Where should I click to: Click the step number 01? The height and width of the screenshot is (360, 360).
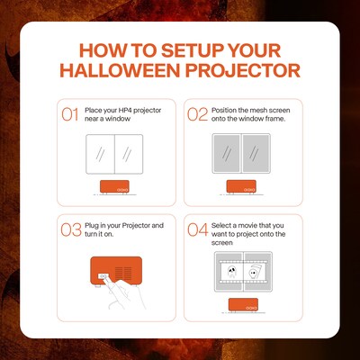(x=70, y=114)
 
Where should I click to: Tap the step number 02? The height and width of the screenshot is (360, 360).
(x=198, y=114)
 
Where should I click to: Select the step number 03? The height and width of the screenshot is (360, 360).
(x=71, y=229)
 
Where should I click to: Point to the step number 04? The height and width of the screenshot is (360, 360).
(x=198, y=229)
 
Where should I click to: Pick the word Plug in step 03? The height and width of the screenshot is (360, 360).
(x=92, y=226)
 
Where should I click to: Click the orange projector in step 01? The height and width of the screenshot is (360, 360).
(x=114, y=187)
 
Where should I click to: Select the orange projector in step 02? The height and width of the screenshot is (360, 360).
(x=241, y=187)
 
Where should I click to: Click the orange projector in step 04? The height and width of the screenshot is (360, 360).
(x=243, y=305)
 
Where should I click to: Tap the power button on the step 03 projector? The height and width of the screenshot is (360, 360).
(x=103, y=276)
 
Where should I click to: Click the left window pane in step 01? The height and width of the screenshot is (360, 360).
(x=100, y=154)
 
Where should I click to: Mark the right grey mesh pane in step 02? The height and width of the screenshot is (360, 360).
(x=256, y=154)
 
